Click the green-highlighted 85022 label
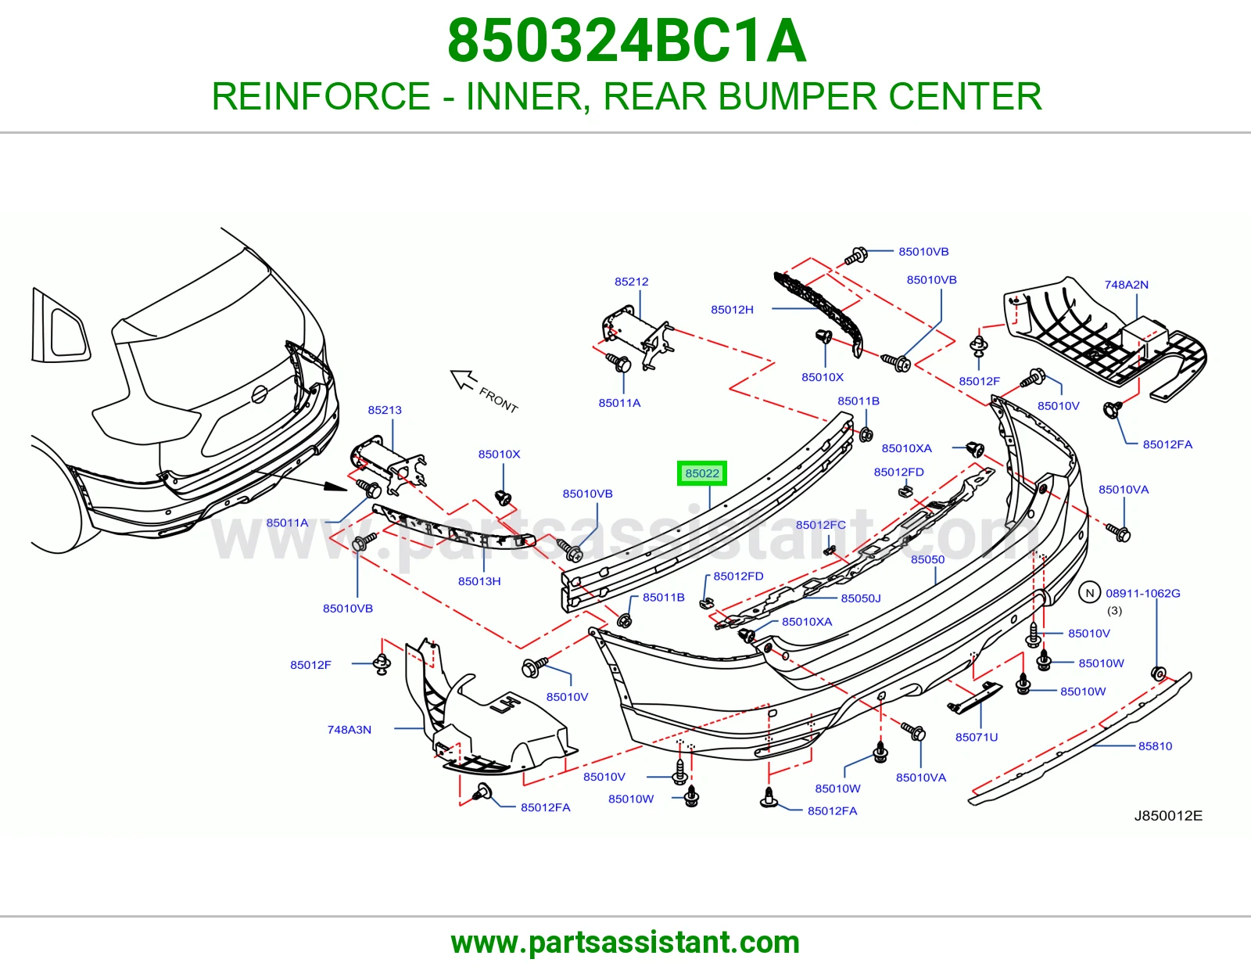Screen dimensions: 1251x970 coord(702,473)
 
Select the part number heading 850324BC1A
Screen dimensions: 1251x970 coord(627,41)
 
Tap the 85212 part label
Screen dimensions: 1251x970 coord(631,282)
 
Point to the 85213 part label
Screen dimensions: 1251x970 coord(385,410)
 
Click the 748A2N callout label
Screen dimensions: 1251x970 coord(1126,285)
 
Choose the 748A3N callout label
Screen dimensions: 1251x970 coord(349,730)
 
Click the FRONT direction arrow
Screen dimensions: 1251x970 coord(464,379)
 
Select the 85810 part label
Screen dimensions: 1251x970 coord(1155,746)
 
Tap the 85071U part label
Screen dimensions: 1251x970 coord(977,737)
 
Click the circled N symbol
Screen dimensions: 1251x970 coord(1089,593)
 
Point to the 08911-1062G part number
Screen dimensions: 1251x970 coord(1143,593)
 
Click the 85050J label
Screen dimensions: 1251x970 coord(861,598)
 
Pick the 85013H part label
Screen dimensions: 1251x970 coord(479,581)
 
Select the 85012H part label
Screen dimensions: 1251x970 coord(732,309)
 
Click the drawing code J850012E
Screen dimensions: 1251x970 coord(1168,816)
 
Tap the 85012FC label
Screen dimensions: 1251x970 coord(820,525)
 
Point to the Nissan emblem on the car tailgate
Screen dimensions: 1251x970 coord(259,394)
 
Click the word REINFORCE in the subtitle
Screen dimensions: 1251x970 coord(321,96)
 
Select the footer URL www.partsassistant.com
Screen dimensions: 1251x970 coord(625,943)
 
